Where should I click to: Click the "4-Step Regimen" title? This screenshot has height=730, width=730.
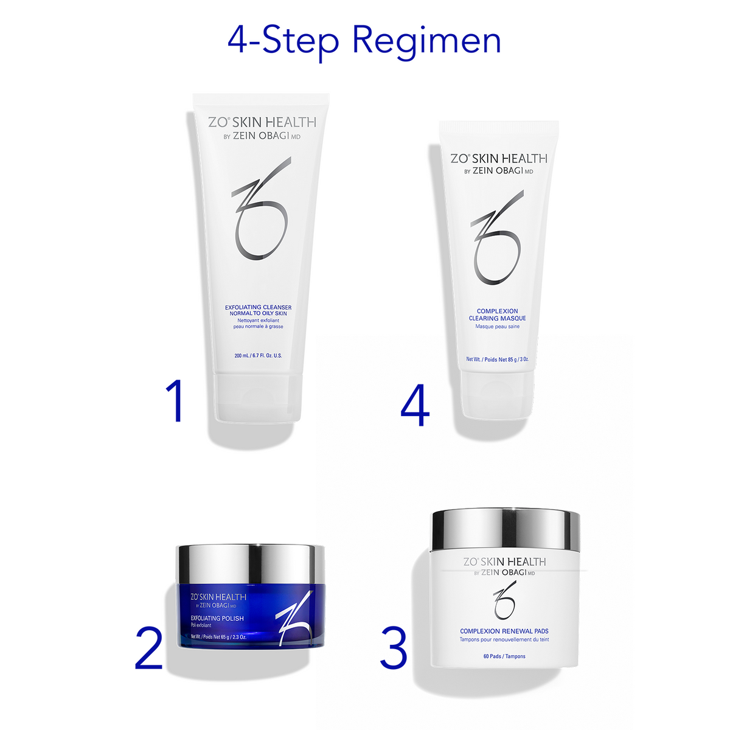click(x=364, y=41)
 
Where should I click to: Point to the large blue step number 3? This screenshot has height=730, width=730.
click(x=394, y=648)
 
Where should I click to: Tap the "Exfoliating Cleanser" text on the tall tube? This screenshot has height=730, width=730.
click(x=258, y=307)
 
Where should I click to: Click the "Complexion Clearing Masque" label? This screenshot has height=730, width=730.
click(x=497, y=315)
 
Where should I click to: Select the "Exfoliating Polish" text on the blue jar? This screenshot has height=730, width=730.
click(x=217, y=618)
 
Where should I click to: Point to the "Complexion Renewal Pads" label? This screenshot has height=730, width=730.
click(x=504, y=631)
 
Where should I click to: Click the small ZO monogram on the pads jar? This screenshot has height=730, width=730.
click(x=504, y=599)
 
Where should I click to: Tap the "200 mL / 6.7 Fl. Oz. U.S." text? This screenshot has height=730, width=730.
click(x=258, y=355)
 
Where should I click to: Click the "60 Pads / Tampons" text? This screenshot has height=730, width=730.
click(x=504, y=656)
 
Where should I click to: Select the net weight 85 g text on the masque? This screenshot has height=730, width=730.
click(x=497, y=360)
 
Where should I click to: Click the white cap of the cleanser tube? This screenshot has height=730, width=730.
click(x=258, y=398)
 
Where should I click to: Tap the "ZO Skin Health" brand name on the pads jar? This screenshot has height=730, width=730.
click(x=504, y=561)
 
